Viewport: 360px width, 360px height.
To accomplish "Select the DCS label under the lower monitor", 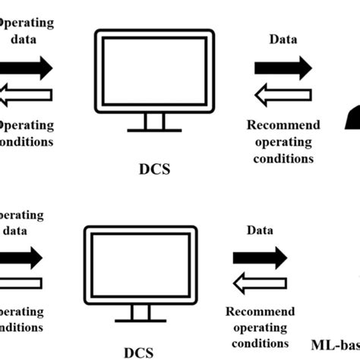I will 137,352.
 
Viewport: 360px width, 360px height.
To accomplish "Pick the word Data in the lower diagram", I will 261,229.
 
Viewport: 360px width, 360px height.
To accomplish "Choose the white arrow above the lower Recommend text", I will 261,285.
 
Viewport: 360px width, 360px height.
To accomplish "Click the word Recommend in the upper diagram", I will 284,125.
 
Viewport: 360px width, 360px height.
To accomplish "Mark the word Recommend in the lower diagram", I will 261,311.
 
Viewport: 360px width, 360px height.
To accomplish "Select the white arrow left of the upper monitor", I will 26,95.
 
